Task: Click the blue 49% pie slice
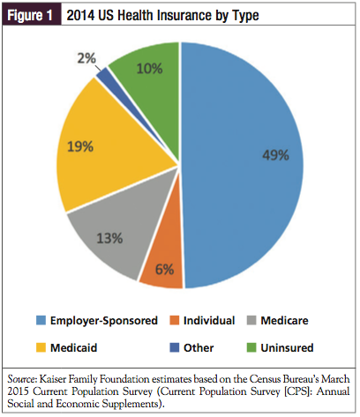tap(241, 165)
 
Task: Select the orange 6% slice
tap(164, 264)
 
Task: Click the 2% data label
tap(86, 58)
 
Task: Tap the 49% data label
tap(275, 155)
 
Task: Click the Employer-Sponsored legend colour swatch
tap(41, 320)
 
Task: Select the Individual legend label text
tap(209, 320)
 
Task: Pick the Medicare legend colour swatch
tap(251, 320)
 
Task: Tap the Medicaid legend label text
tap(73, 347)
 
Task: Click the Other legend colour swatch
tap(175, 347)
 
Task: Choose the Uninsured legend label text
tap(287, 347)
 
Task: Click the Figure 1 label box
tap(32, 14)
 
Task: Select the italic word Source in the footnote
tap(21, 379)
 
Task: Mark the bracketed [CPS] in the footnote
tap(296, 391)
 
